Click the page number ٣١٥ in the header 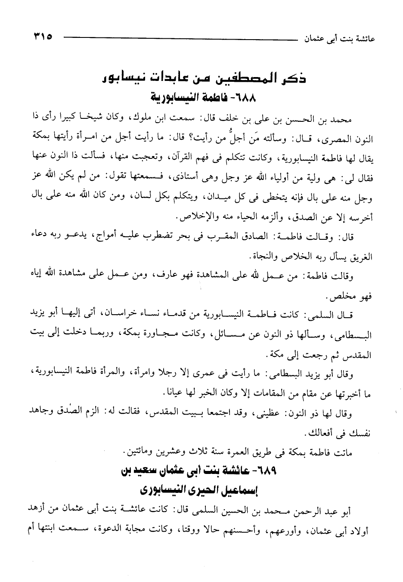tap(41, 38)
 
